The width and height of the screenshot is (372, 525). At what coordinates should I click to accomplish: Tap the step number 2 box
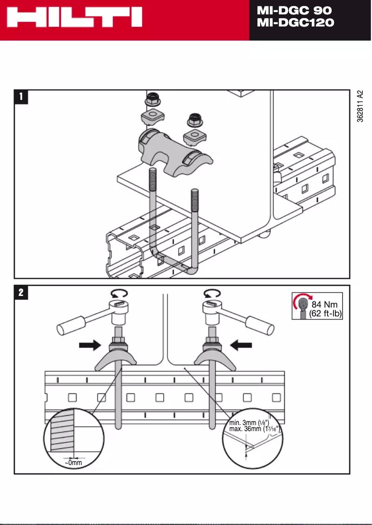pyautogui.click(x=21, y=293)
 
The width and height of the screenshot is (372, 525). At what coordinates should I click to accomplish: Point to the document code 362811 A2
pyautogui.click(x=360, y=106)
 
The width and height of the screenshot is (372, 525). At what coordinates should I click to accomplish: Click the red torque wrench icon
pyautogui.click(x=302, y=306)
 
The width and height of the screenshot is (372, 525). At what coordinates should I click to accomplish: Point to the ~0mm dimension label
pyautogui.click(x=73, y=463)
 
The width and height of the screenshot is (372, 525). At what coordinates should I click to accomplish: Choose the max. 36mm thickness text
pyautogui.click(x=254, y=429)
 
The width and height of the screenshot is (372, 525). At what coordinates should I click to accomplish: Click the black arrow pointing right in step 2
pyautogui.click(x=89, y=345)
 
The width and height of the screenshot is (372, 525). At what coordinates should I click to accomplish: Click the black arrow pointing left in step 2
pyautogui.click(x=241, y=345)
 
